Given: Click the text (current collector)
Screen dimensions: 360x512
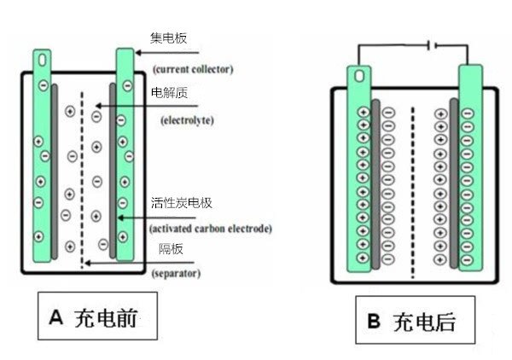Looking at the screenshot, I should (193, 67).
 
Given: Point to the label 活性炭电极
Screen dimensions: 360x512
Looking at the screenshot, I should (180, 202).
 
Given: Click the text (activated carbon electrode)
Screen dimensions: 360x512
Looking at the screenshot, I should (210, 228).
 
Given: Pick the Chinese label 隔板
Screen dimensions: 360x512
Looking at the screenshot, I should (167, 249).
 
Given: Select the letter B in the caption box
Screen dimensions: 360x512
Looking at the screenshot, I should (373, 322).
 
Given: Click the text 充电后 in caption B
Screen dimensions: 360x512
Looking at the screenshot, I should (424, 322).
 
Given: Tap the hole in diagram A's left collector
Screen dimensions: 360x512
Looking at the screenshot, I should (41, 61).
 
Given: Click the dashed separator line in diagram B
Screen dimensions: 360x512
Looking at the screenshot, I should (413, 188).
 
